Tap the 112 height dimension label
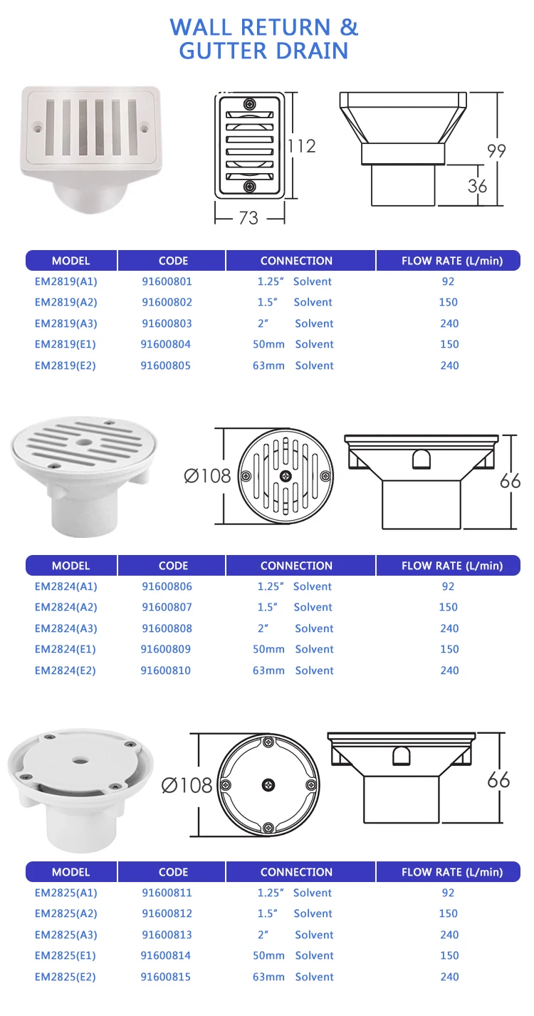pyautogui.click(x=301, y=146)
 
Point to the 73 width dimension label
pyautogui.click(x=248, y=217)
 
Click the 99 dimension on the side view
pyautogui.click(x=496, y=151)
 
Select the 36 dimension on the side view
pyautogui.click(x=478, y=185)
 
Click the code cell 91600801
pyautogui.click(x=167, y=281)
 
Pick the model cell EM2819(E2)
pyautogui.click(x=66, y=366)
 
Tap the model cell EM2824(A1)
pyautogui.click(x=66, y=586)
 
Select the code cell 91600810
pyautogui.click(x=166, y=670)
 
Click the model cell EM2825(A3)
pyautogui.click(x=66, y=935)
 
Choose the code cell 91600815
pyautogui.click(x=166, y=977)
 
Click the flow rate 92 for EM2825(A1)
pyautogui.click(x=448, y=893)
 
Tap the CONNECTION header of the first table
pyautogui.click(x=296, y=261)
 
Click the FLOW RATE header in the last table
pyautogui.click(x=452, y=872)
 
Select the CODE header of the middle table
pyautogui.click(x=173, y=566)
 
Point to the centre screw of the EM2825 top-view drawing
pyautogui.click(x=268, y=784)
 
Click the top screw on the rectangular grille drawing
pyautogui.click(x=249, y=105)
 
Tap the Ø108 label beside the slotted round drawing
pyautogui.click(x=208, y=475)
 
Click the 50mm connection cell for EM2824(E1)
pyautogui.click(x=268, y=649)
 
